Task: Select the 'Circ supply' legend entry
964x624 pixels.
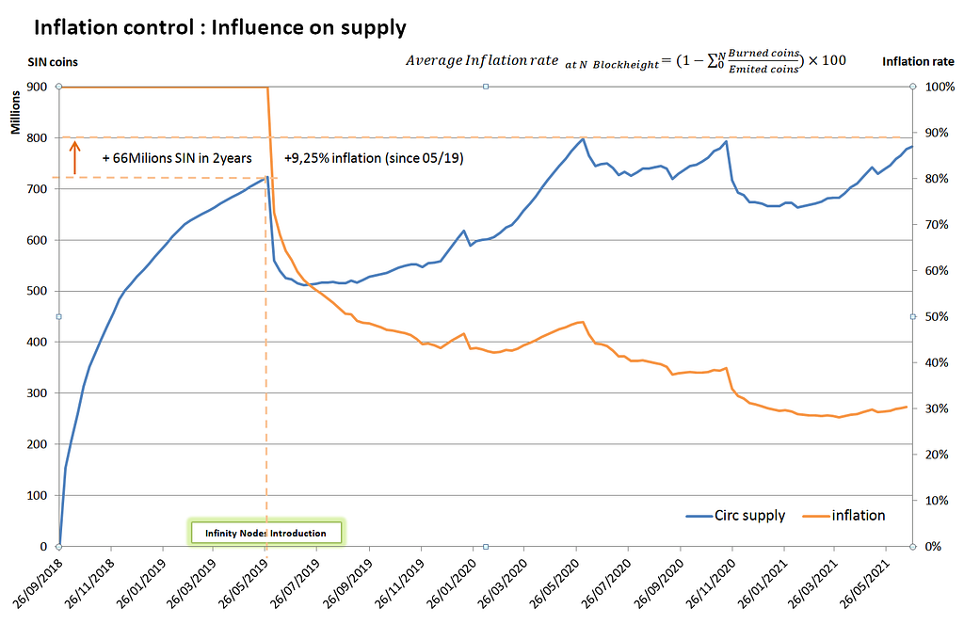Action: pos(735,516)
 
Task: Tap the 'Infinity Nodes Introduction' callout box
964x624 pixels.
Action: pos(267,533)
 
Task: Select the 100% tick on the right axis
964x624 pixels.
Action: pos(937,87)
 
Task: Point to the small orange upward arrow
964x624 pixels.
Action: pos(74,155)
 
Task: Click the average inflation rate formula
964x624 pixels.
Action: pos(625,60)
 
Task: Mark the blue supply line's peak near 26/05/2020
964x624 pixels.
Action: pos(583,139)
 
